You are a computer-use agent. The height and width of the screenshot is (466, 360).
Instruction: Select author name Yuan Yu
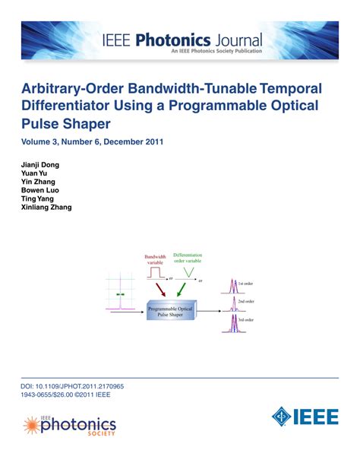point(35,173)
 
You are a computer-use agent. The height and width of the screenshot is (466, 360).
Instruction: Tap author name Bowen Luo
point(40,190)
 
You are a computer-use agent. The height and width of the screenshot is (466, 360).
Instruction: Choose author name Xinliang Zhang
point(47,207)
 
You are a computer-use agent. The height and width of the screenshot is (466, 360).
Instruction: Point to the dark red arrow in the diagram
point(163,290)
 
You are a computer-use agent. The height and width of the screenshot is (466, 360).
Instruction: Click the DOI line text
point(72,386)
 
